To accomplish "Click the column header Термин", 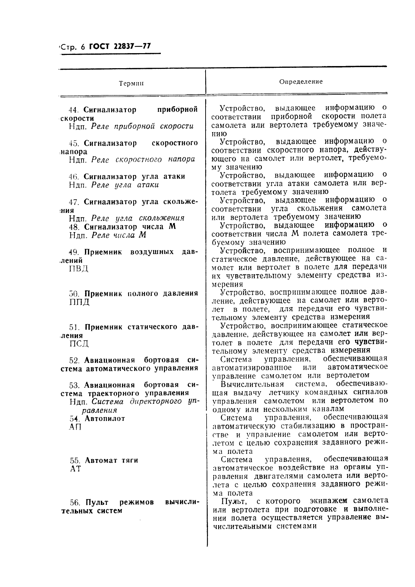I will coord(131,84).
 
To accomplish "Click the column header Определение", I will coord(301,82).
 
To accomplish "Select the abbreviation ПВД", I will coord(79,269).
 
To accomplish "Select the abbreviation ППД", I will coord(79,302).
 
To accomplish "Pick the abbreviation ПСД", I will coord(79,344).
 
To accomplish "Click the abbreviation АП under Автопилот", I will coord(75,427).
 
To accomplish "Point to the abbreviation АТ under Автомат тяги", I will coord(75,469).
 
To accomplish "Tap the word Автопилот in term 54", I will coord(105,418).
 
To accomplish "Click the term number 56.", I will coord(75,502).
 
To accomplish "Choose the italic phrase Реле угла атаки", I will coord(125,185).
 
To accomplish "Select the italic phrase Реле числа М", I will coord(119,235).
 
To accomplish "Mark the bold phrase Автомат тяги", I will coord(111,460).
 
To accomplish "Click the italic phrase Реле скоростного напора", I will coord(143,160).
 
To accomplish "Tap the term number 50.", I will coord(75,294).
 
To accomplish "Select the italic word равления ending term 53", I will coord(102,410).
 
